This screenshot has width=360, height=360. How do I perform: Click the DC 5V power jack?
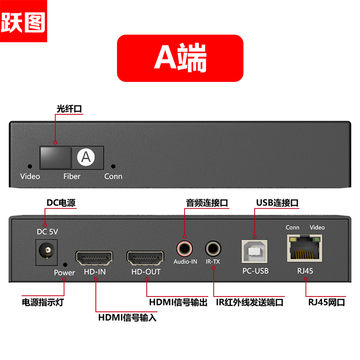click(x=47, y=252)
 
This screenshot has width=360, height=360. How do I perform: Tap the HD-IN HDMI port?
click(x=94, y=258)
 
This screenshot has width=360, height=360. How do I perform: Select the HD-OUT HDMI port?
click(x=145, y=258)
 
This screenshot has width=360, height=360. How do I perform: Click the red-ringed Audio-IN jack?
click(x=184, y=248)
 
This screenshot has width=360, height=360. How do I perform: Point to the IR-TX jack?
click(x=213, y=248)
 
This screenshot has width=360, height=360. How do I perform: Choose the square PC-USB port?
click(x=255, y=252)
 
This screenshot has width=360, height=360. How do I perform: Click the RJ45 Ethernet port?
click(x=305, y=248)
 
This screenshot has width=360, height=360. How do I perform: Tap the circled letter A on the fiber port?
click(x=86, y=157)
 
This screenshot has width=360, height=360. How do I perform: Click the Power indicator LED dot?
click(x=65, y=265)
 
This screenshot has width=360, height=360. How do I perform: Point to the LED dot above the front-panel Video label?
click(x=30, y=166)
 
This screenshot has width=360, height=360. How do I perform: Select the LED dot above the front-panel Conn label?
click(x=113, y=166)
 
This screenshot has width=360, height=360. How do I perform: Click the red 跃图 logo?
click(x=23, y=21)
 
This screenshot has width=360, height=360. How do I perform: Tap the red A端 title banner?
click(x=180, y=58)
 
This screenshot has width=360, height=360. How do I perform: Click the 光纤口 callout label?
click(x=69, y=109)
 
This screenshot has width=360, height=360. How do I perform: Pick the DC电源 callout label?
click(x=61, y=203)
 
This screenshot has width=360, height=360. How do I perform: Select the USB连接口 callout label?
click(x=277, y=203)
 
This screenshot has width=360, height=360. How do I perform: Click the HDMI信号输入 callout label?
click(x=127, y=318)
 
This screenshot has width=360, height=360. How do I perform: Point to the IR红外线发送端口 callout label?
click(x=250, y=302)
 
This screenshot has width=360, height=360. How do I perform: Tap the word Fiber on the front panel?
click(x=72, y=176)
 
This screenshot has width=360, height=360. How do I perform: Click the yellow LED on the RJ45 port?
click(x=293, y=239)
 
